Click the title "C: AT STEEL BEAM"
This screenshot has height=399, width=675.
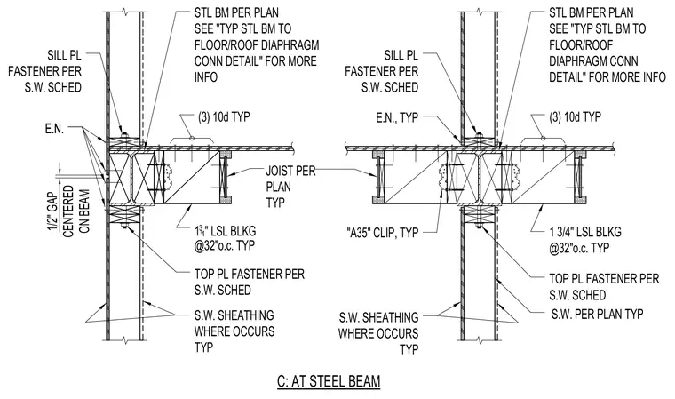(x=329, y=381)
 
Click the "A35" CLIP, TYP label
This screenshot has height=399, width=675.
(x=382, y=233)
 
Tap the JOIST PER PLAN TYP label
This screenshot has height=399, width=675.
(x=290, y=187)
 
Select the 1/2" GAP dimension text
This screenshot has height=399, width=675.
(x=54, y=212)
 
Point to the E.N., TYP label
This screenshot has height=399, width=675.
(x=397, y=117)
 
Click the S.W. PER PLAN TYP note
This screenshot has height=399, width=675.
(x=597, y=314)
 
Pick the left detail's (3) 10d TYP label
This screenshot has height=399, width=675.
(x=224, y=116)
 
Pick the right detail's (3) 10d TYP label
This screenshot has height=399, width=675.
(x=576, y=116)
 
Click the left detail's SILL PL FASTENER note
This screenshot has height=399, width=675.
(x=44, y=71)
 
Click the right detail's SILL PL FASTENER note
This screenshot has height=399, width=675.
(x=381, y=71)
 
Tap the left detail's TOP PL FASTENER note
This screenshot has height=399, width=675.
(x=250, y=282)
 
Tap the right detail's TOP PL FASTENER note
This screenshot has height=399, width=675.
(x=604, y=286)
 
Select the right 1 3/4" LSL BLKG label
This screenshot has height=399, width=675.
(x=585, y=240)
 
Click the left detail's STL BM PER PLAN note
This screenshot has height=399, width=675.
(x=257, y=44)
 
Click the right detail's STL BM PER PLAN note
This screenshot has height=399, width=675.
(x=607, y=44)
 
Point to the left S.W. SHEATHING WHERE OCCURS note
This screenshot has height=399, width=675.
(x=234, y=331)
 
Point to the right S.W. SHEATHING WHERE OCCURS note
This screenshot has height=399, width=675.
(x=378, y=333)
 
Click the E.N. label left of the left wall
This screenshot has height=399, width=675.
(x=54, y=129)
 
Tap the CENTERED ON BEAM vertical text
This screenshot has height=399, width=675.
(x=76, y=211)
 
